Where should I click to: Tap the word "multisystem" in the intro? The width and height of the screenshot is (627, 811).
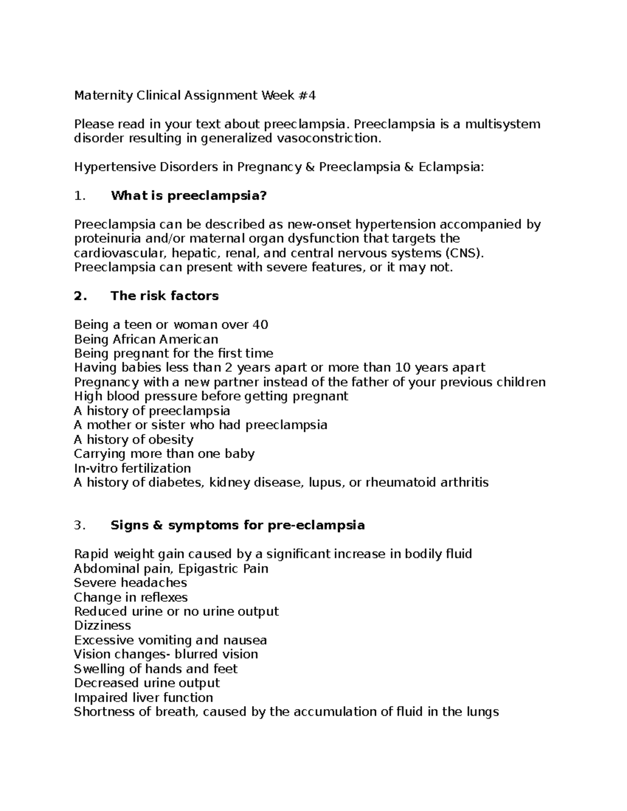[503, 124]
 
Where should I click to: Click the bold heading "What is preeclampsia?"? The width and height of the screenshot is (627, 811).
[189, 196]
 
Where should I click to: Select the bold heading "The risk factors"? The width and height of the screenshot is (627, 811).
[165, 296]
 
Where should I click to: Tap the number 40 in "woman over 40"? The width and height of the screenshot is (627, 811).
[260, 325]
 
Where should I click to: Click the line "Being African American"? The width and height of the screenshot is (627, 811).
[146, 339]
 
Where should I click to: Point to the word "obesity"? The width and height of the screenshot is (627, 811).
[171, 440]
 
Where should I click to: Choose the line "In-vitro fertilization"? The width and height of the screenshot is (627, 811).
[132, 468]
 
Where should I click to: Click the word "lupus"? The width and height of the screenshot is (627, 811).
[325, 483]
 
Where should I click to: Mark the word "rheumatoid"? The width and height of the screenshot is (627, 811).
[399, 483]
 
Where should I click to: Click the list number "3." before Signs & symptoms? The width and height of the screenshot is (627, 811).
[79, 525]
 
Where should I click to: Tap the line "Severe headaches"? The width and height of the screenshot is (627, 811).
[130, 583]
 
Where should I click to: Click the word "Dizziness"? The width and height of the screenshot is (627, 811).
[102, 626]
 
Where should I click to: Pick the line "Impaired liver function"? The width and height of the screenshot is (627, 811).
[143, 698]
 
